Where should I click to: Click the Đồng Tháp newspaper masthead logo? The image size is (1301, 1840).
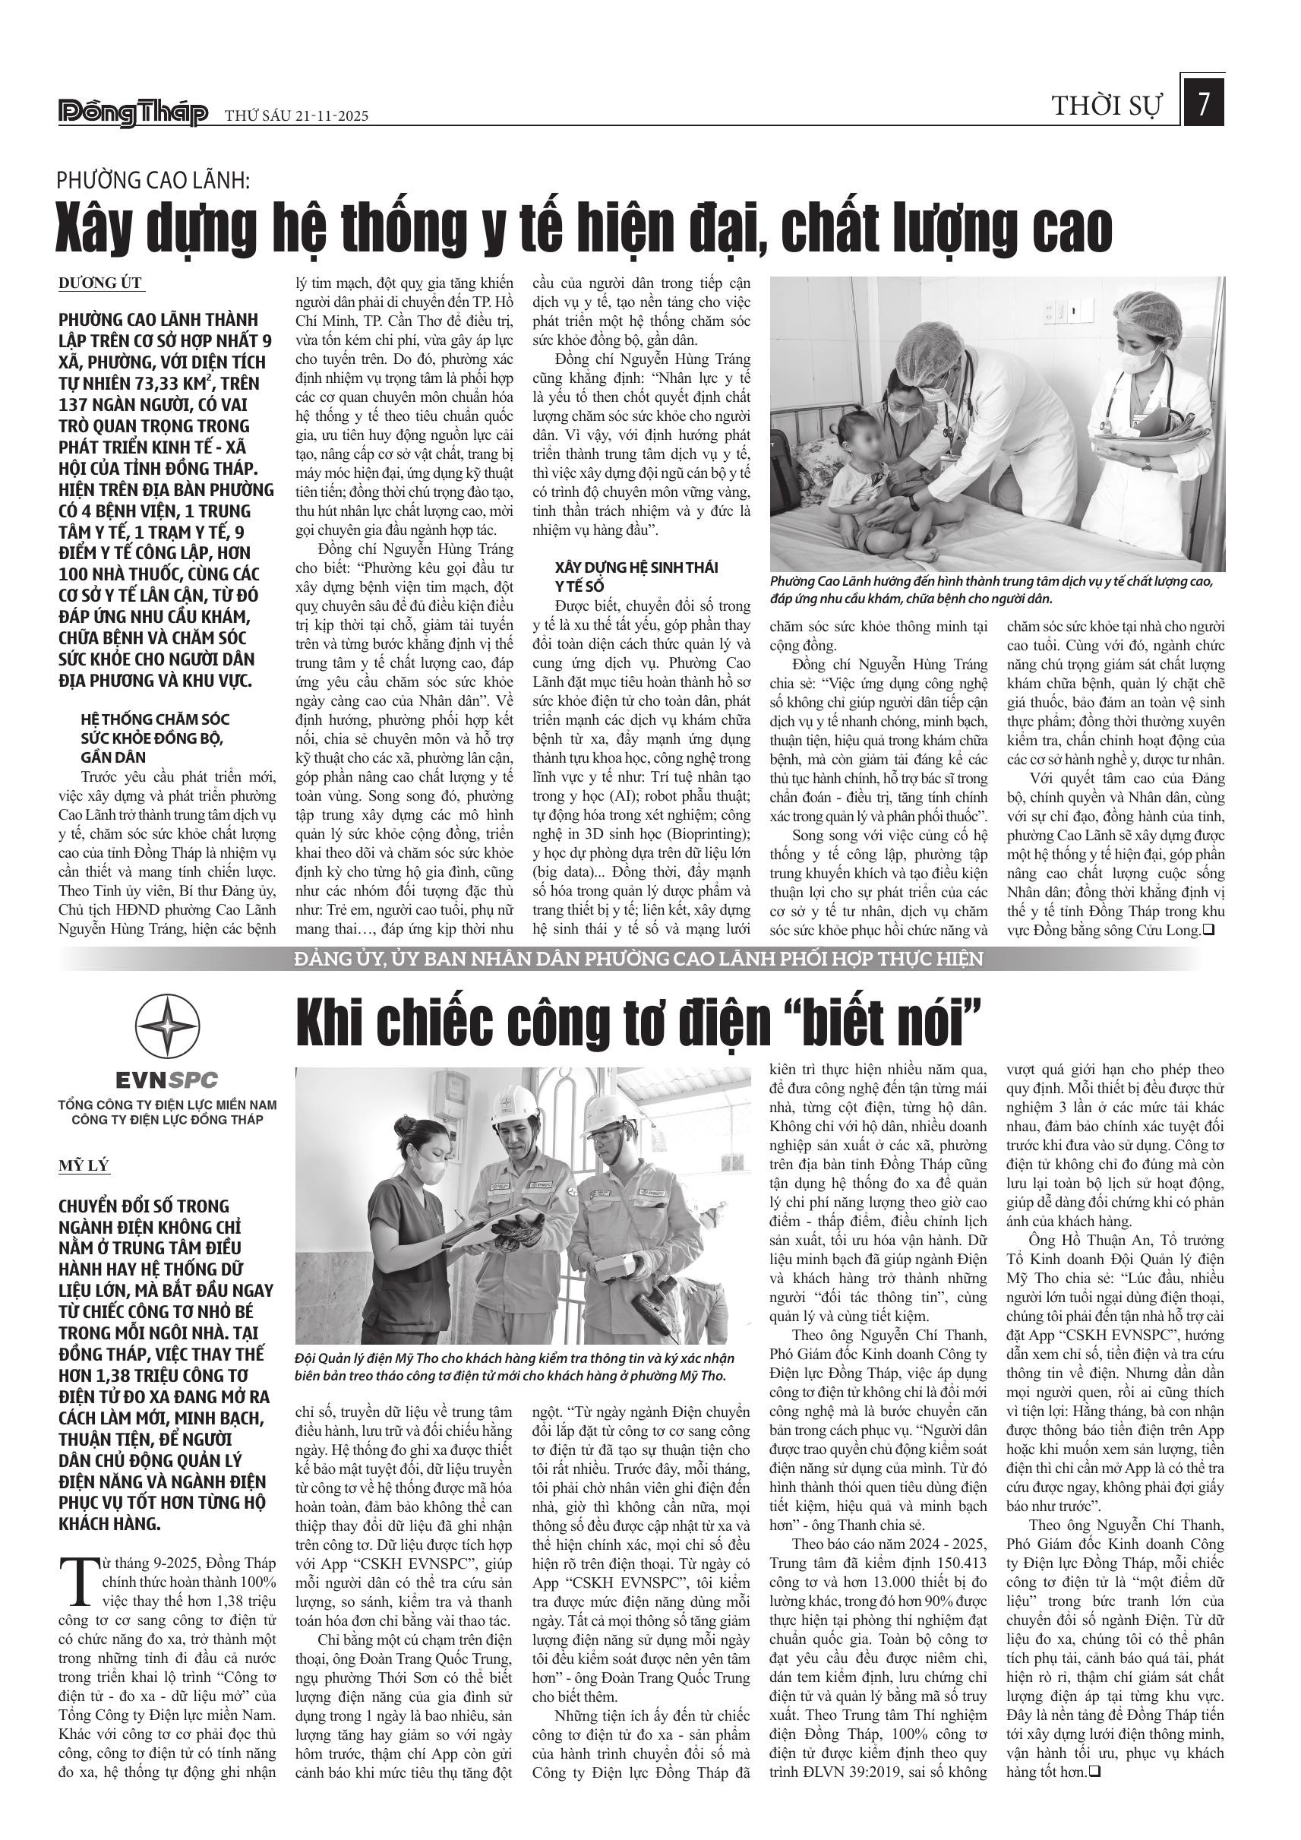click(x=133, y=114)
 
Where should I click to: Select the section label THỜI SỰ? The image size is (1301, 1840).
click(x=1105, y=106)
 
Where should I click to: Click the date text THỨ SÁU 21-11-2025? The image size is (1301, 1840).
click(x=296, y=116)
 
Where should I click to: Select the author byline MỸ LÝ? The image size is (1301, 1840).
click(x=84, y=1165)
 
